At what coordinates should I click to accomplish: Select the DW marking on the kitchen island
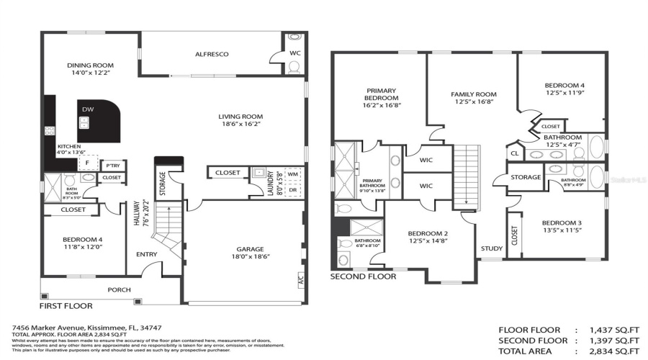88,109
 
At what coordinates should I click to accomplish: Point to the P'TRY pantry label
112,166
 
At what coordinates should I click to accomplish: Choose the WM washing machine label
292,174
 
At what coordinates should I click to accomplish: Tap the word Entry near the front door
147,254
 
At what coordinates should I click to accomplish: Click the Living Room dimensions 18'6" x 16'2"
240,124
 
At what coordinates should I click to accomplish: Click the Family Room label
474,94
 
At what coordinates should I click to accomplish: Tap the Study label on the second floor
492,248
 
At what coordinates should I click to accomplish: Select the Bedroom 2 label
428,233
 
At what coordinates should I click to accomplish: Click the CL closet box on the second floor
514,153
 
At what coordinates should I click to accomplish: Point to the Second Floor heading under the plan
363,276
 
